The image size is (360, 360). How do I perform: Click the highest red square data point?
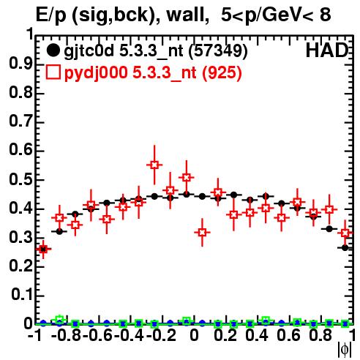tap(154, 165)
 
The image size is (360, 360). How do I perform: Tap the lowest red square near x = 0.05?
tap(202, 233)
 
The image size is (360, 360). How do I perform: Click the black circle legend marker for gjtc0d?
tap(53, 50)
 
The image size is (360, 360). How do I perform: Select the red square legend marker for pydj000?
tap(53, 72)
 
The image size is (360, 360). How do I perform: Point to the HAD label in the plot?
tap(327, 50)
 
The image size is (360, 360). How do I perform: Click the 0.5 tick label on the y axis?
tap(20, 180)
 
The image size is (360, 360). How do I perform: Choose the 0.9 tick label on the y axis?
tap(20, 64)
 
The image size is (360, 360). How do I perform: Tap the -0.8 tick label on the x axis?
tap(66, 335)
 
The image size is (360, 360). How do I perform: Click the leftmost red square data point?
tap(43, 249)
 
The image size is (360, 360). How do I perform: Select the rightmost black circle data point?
tap(345, 248)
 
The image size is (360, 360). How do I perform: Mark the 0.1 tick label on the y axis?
tap(21, 295)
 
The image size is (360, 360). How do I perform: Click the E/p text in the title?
tap(51, 15)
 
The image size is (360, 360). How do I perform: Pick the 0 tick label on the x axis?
tap(194, 335)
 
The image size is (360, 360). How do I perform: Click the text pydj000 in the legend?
tap(96, 72)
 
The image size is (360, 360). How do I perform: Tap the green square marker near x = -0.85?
tap(59, 320)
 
